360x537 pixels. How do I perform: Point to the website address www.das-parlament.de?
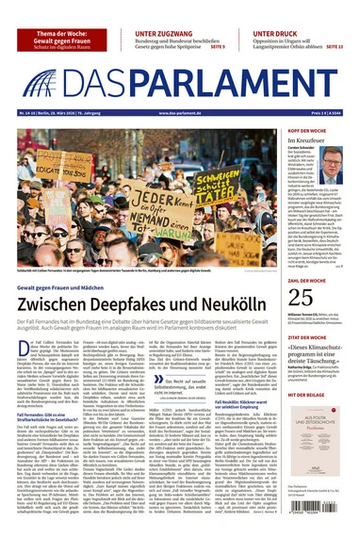tap(180, 113)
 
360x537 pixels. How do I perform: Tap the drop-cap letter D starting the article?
tap(22, 349)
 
